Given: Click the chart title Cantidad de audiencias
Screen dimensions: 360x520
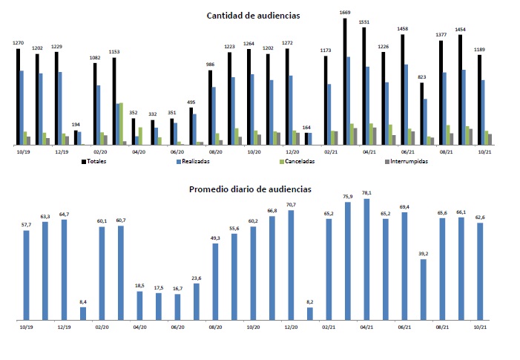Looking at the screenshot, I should click(x=259, y=15).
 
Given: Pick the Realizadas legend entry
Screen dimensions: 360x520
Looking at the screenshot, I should click(x=194, y=160).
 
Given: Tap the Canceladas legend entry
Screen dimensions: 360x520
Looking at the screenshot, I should click(x=296, y=160).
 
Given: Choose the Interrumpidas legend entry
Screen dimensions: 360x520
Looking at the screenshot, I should click(x=405, y=160).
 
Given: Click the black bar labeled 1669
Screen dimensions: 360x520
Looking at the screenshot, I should click(x=346, y=82).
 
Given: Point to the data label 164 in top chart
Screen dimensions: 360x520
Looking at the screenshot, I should click(x=307, y=127).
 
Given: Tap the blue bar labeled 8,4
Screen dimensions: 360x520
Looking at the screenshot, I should click(x=83, y=313).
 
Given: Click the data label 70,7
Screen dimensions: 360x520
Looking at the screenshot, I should click(x=290, y=205).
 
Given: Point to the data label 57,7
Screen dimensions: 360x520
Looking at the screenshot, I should click(x=26, y=224).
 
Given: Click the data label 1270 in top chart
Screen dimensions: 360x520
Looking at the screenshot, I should click(x=19, y=43).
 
